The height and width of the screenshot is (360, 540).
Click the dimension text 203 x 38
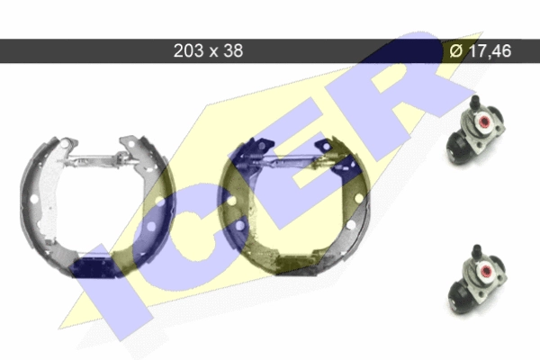pyautogui.click(x=208, y=50)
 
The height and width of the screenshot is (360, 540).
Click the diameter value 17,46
pyautogui.click(x=490, y=50)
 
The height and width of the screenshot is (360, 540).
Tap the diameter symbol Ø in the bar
pyautogui.click(x=456, y=51)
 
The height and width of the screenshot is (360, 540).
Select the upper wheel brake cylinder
pyautogui.click(x=475, y=130)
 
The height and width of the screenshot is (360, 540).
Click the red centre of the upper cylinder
pyautogui.click(x=484, y=121)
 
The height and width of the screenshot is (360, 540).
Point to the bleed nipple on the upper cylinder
pyautogui.click(x=475, y=103)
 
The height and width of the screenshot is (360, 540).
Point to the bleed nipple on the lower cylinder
pyautogui.click(x=477, y=251)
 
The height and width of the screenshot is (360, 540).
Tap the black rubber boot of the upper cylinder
pyautogui.click(x=456, y=148)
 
